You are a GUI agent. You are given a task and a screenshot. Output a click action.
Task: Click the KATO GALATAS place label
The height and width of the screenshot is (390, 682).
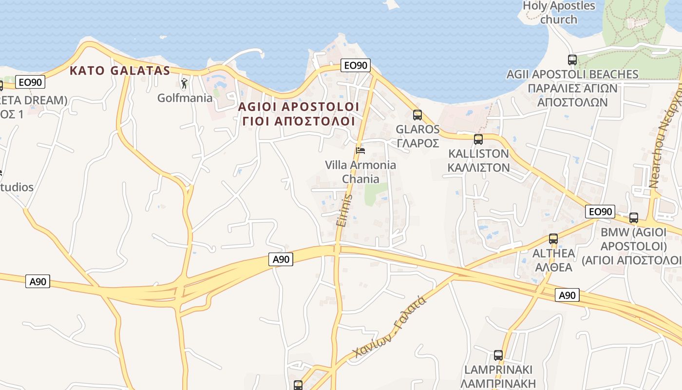point(120,71)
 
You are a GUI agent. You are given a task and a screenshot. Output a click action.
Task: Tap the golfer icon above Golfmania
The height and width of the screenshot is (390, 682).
point(184,84)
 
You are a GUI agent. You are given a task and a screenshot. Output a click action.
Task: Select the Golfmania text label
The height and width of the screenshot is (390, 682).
point(185,98)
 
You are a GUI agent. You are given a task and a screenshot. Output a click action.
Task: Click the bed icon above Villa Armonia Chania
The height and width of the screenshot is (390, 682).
point(360,150)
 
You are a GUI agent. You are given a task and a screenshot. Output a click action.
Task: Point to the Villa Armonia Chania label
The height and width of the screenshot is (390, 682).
point(360,172)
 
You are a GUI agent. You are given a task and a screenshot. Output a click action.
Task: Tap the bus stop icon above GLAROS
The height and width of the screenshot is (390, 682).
point(417,115)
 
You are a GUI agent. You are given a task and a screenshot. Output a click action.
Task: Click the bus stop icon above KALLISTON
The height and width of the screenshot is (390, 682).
point(478,139)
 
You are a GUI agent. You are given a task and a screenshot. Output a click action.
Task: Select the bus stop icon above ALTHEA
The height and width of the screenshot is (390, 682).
point(553,239)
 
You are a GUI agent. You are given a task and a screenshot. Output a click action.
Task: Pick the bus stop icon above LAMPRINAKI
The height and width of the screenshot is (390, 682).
point(498,355)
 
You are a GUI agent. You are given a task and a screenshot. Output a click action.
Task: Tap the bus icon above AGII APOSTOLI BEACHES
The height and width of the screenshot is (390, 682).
point(572,60)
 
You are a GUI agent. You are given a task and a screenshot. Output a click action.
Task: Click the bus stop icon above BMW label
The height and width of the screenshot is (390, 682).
point(634,218)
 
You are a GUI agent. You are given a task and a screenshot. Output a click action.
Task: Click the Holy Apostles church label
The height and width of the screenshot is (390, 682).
point(559,13)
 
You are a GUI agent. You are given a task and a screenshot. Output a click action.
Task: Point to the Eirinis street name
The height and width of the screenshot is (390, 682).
point(344,210)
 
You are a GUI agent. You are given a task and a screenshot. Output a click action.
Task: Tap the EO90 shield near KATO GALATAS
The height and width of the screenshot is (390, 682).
point(30,82)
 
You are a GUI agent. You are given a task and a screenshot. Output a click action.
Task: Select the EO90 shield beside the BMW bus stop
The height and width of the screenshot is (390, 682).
point(600,212)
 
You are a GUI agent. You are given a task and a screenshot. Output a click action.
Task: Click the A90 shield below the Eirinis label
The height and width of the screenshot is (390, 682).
point(281,259)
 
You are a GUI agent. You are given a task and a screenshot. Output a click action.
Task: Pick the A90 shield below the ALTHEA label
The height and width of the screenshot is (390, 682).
point(567,295)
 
